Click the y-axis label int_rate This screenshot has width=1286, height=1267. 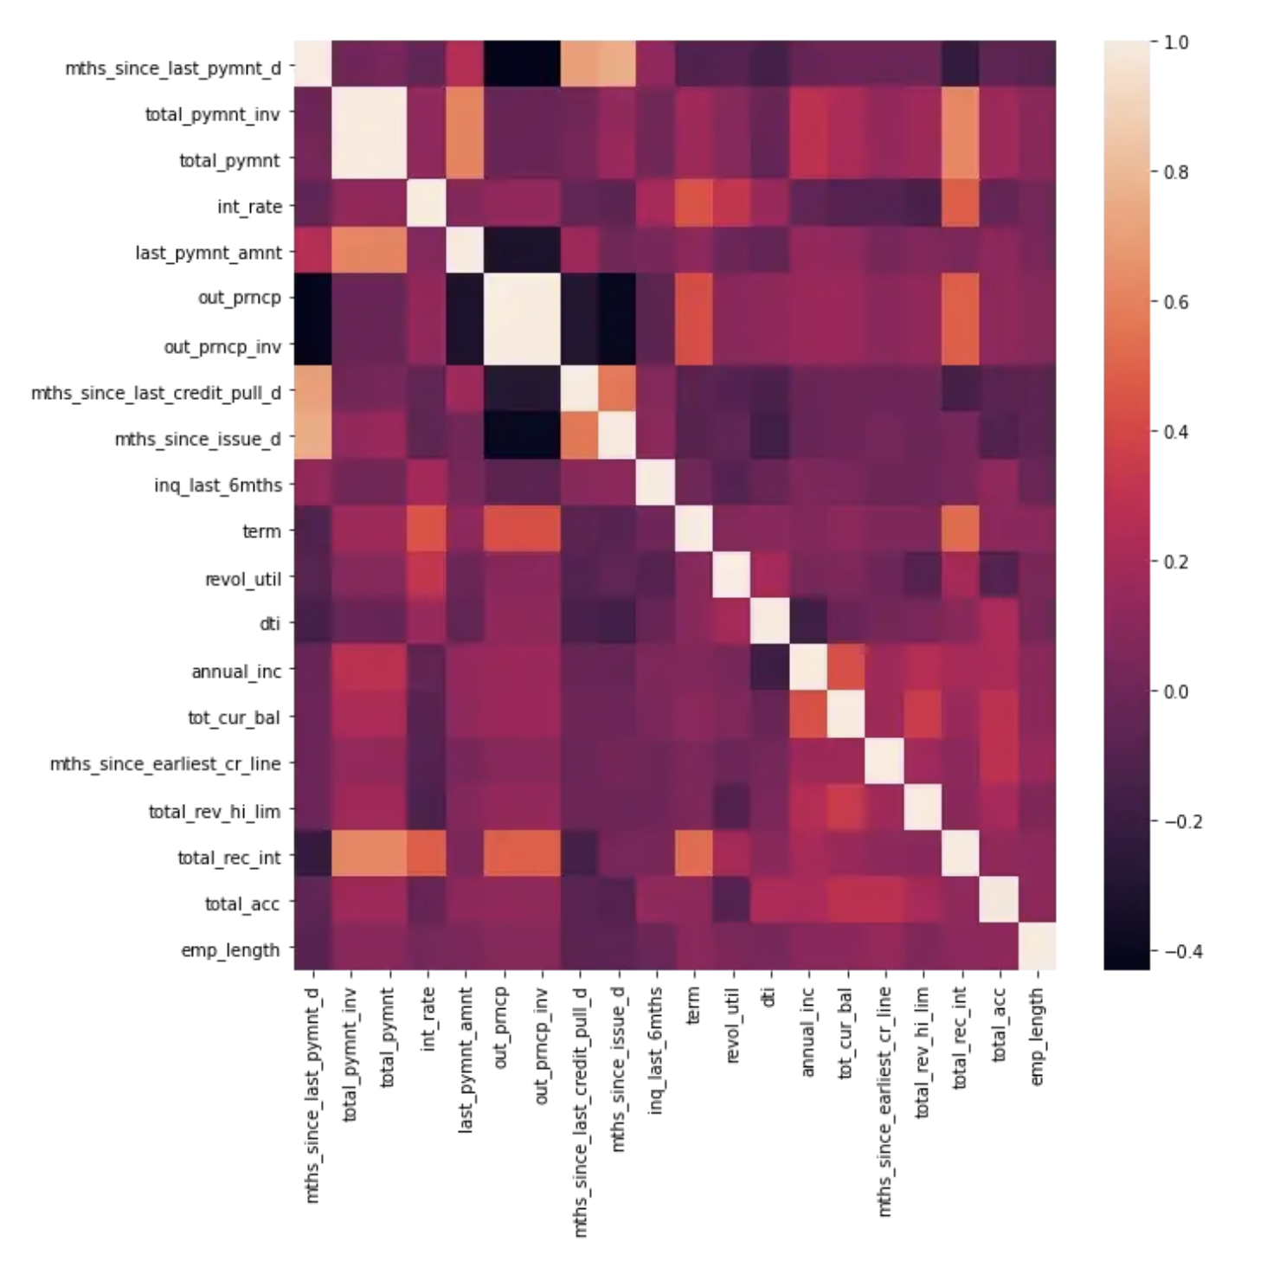249,207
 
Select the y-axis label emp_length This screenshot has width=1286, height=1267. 230,949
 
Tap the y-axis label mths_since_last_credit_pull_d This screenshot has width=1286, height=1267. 156,393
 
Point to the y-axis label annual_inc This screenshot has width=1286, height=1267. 236,671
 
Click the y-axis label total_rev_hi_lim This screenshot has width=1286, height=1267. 215,811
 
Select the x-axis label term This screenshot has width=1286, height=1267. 693,1004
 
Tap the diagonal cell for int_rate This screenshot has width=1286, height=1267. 428,206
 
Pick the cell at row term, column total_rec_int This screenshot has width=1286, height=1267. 960,531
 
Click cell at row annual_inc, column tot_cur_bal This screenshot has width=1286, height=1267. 846,670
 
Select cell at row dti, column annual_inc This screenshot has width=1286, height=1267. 807,623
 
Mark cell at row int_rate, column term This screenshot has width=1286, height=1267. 693,206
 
